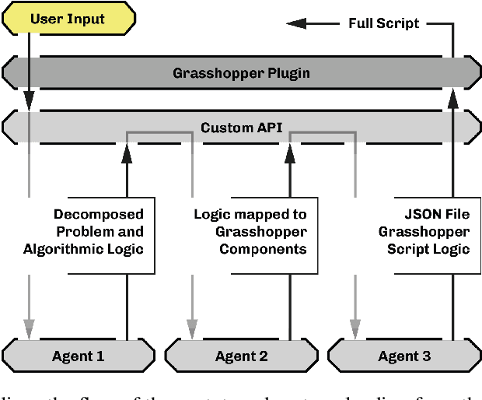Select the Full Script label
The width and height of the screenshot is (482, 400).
tap(383, 23)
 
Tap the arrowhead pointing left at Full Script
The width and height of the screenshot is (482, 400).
tap(308, 23)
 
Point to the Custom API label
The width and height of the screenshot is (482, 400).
tap(241, 127)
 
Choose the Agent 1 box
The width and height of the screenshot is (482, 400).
tap(78, 356)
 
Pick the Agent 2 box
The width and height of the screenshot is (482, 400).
tap(241, 356)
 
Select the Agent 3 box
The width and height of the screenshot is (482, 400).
tap(404, 356)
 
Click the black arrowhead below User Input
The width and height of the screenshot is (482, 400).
tap(29, 100)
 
